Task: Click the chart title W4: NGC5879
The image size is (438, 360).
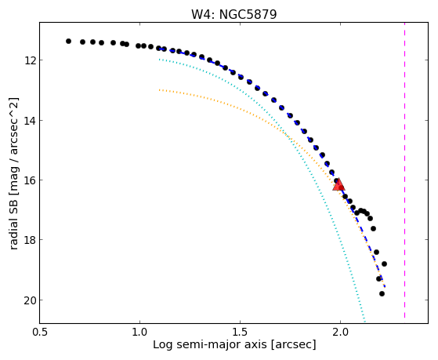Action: pyautogui.click(x=233, y=14)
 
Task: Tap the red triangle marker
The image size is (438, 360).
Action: pyautogui.click(x=338, y=184)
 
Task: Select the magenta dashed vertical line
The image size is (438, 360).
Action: pyautogui.click(x=404, y=170)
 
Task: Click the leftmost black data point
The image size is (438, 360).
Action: pyautogui.click(x=68, y=41)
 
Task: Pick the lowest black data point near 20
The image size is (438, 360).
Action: pyautogui.click(x=382, y=293)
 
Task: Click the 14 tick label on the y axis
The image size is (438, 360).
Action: pyautogui.click(x=29, y=121)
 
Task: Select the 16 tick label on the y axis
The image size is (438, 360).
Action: pyautogui.click(x=29, y=180)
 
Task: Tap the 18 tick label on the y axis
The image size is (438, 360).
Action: pyautogui.click(x=29, y=240)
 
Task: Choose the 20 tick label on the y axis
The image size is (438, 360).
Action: pyautogui.click(x=29, y=300)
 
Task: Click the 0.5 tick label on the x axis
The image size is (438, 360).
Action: pyautogui.click(x=40, y=332)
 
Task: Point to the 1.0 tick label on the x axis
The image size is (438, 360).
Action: pyautogui.click(x=139, y=332)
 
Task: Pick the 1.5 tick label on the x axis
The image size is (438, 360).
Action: pyautogui.click(x=240, y=332)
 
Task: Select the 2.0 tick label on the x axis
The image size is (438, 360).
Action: pyautogui.click(x=340, y=332)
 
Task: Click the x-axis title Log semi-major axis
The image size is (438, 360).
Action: pyautogui.click(x=209, y=344)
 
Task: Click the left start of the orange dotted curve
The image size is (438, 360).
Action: pyautogui.click(x=159, y=89)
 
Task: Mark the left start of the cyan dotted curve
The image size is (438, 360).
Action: pyautogui.click(x=159, y=60)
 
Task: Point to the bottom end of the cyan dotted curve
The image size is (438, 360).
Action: pyautogui.click(x=364, y=320)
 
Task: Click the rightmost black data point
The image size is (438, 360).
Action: pyautogui.click(x=384, y=264)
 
